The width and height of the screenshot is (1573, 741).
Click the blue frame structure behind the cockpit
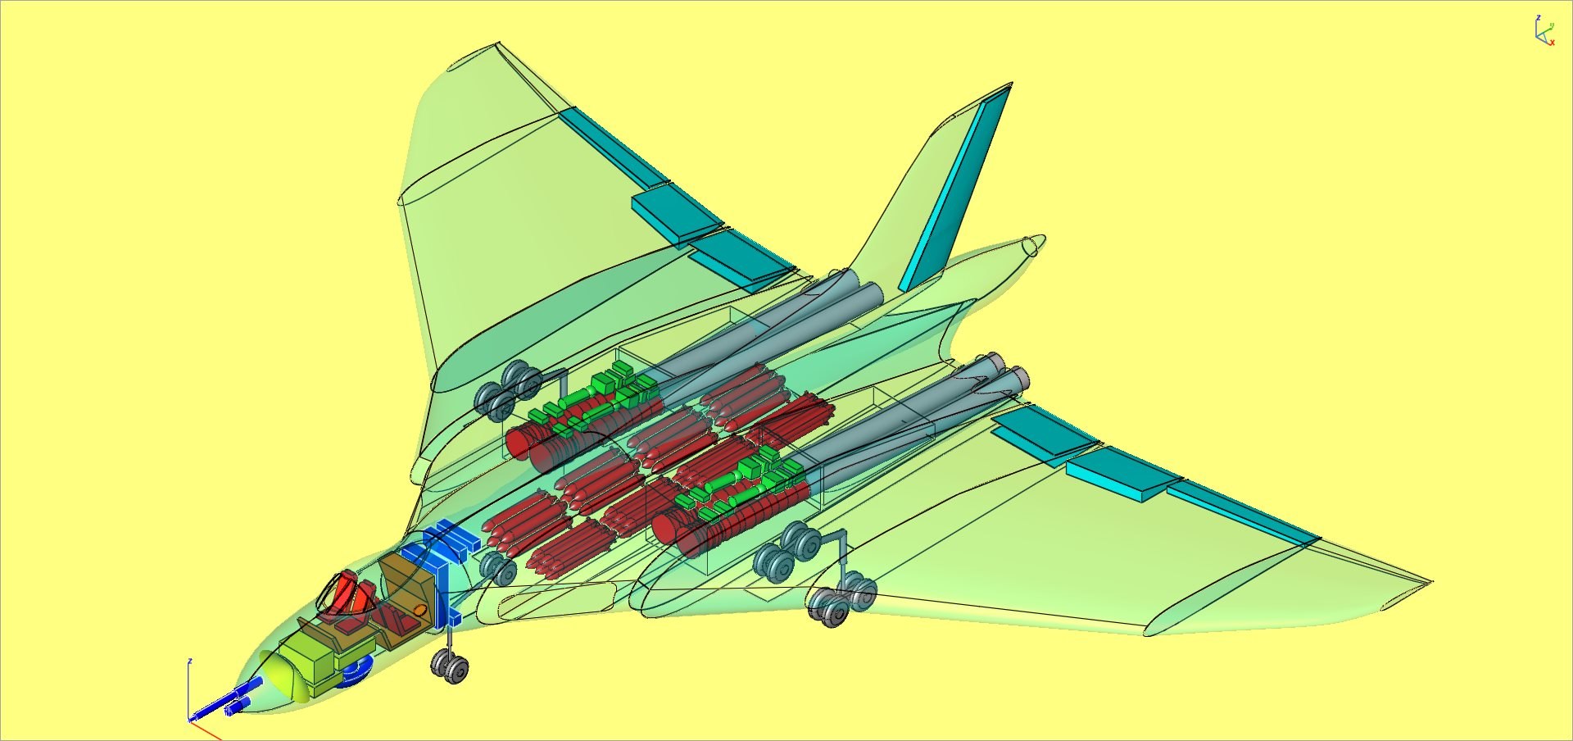tap(447, 557)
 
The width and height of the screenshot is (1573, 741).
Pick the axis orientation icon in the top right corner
tap(1544, 31)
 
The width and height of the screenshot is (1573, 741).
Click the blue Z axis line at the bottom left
tap(189, 689)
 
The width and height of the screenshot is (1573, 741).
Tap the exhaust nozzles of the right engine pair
tap(1008, 373)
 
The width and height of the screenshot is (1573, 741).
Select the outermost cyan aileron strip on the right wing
tap(1241, 512)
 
